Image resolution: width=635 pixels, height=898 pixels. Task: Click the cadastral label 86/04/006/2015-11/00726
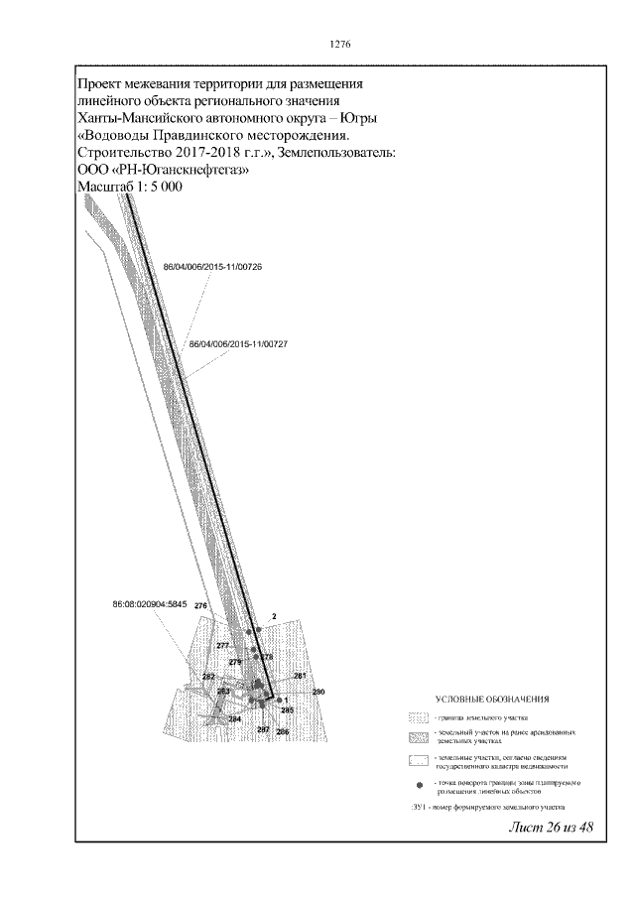click(210, 267)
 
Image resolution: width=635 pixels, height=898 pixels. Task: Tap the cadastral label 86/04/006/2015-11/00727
click(237, 344)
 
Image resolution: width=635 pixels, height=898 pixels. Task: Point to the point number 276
click(200, 605)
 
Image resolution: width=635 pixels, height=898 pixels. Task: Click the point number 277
click(222, 646)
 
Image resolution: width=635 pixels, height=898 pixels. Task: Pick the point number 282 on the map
click(209, 677)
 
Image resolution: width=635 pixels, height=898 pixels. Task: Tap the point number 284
click(235, 718)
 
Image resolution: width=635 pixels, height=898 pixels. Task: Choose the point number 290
click(318, 692)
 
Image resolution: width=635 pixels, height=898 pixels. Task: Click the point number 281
click(300, 676)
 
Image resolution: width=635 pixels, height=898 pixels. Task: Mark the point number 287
click(263, 729)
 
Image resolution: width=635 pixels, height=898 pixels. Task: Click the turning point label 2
click(273, 616)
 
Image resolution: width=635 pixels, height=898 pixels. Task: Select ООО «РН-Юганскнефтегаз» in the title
click(163, 171)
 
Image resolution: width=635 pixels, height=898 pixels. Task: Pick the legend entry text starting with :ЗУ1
click(486, 809)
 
